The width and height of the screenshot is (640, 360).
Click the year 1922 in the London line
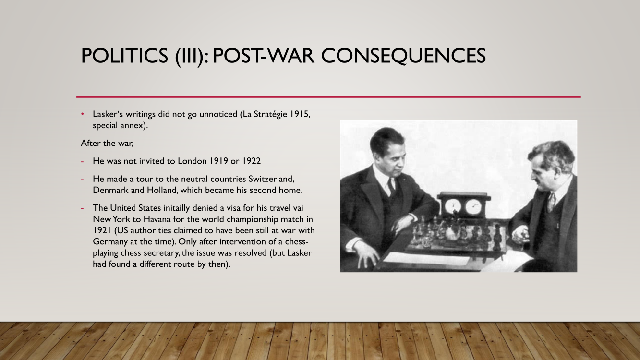252,161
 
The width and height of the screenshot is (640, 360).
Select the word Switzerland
271,179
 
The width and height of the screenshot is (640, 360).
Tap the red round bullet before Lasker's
83,114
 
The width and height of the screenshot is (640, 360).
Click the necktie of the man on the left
391,185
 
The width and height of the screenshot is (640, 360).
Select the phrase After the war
107,143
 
